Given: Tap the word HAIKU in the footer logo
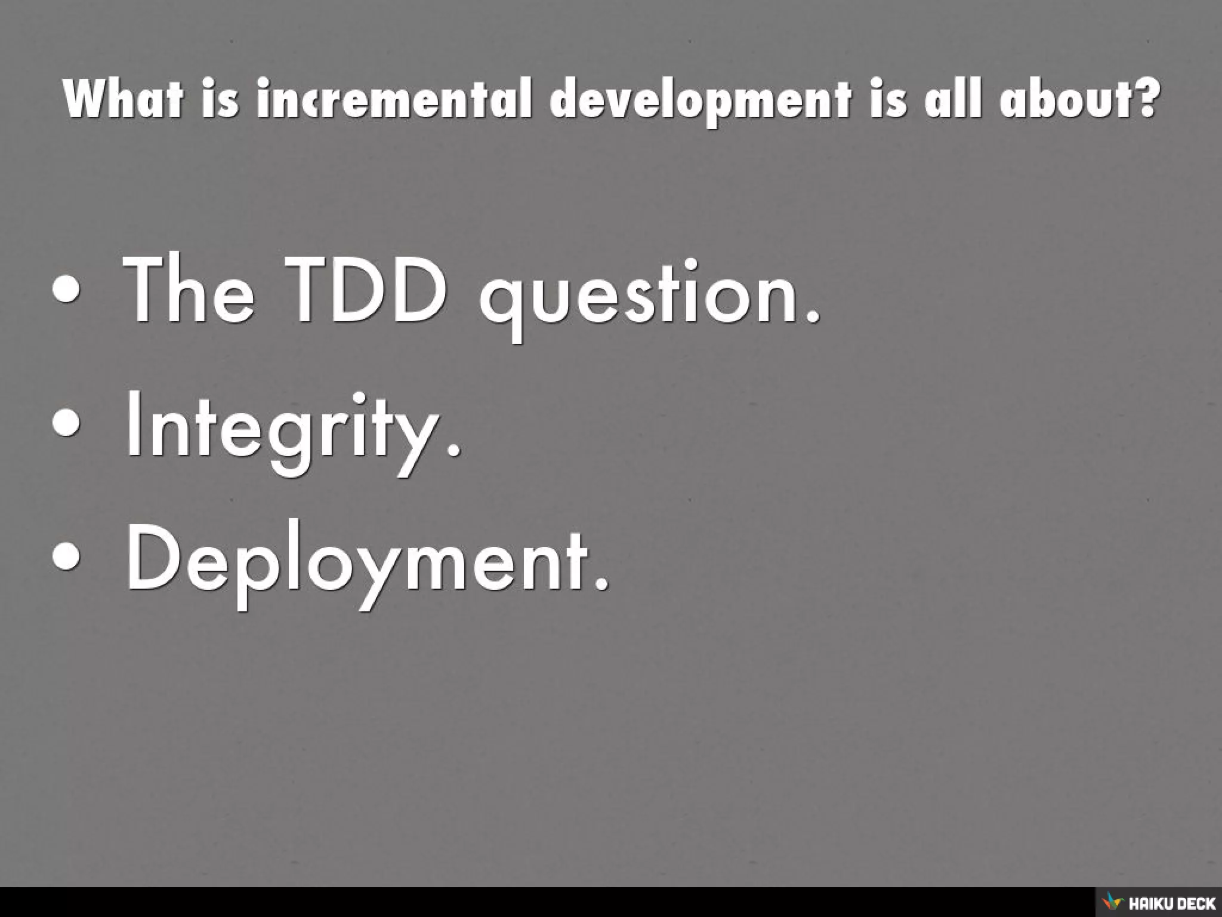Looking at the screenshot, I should pos(1149,902).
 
